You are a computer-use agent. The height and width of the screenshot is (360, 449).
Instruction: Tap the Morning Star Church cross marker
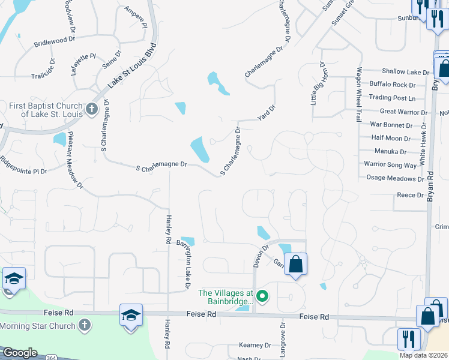click(x=85, y=326)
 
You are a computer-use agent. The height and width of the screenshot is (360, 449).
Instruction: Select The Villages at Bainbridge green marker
click(x=262, y=296)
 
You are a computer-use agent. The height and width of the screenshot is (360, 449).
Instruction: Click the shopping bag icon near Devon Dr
click(x=295, y=264)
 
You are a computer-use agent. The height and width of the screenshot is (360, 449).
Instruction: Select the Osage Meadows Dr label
click(x=395, y=179)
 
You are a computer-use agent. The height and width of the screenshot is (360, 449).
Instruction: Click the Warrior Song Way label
click(x=390, y=165)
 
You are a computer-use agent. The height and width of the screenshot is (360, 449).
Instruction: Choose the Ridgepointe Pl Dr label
click(x=23, y=166)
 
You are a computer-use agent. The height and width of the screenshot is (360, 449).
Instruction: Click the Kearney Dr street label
click(x=255, y=346)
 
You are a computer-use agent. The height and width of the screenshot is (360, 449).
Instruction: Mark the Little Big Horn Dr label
click(x=318, y=83)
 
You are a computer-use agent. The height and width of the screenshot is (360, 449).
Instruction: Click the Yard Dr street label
click(x=267, y=112)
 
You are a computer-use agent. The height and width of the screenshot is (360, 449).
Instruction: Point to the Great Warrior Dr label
click(x=403, y=112)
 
